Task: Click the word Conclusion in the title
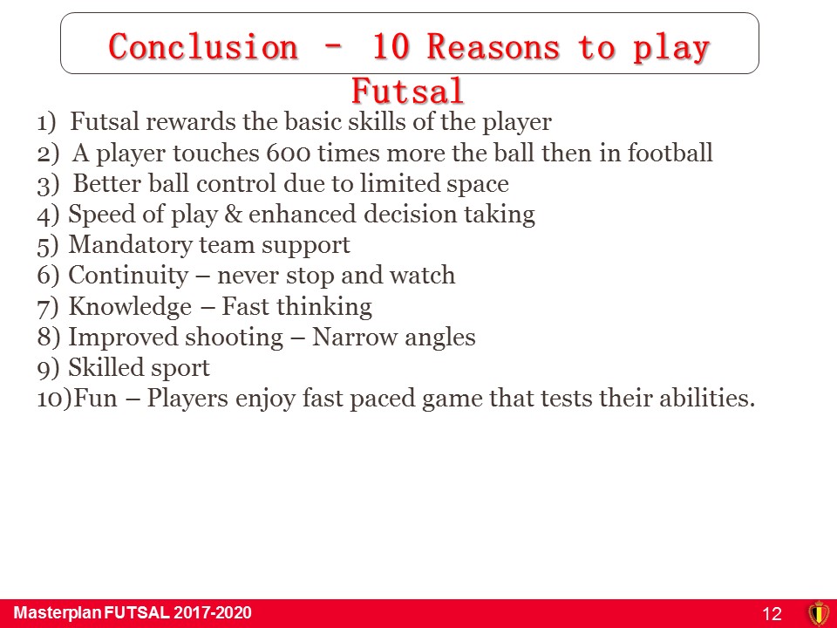coord(203,46)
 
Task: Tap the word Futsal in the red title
coord(407,91)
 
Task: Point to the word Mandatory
coord(130,245)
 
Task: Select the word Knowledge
coord(130,306)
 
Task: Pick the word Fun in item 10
coord(95,398)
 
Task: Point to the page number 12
coord(772,613)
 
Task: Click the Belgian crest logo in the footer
coord(819,613)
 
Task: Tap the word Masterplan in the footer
coord(58,613)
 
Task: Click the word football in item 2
coord(670,153)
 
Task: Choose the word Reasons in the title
coord(493,46)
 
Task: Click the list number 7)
coord(47,308)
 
